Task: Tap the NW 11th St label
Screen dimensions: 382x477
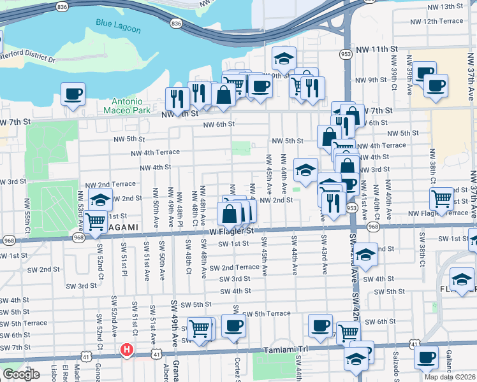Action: [377, 49]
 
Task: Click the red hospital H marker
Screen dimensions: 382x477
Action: [127, 350]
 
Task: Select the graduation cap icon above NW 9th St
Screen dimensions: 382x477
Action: [284, 59]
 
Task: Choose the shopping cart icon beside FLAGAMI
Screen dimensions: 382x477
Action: [95, 222]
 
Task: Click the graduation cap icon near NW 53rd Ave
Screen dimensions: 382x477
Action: [100, 199]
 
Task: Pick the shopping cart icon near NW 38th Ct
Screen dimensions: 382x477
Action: [442, 199]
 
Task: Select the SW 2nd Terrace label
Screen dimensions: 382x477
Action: [239, 267]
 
